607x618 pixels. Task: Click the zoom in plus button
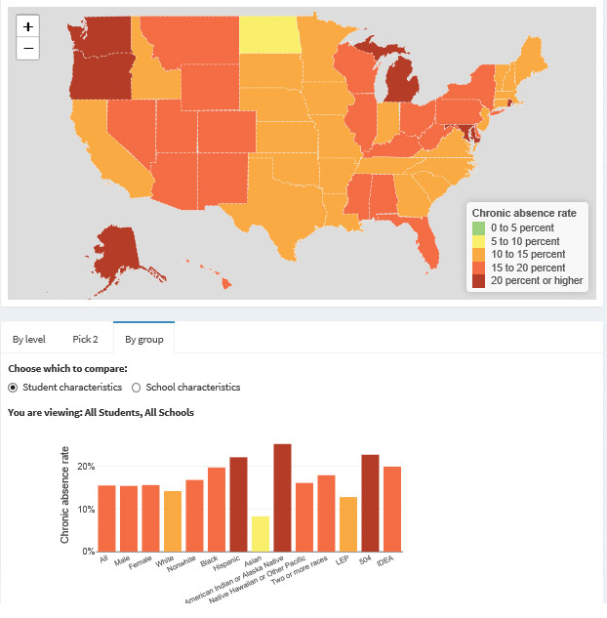point(27,26)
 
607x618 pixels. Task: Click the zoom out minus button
point(27,49)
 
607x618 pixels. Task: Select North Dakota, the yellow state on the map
point(269,35)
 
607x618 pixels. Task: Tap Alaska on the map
point(118,252)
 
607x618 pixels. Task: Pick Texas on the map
point(284,205)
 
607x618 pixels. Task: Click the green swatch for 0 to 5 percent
point(478,227)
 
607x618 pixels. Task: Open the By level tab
point(28,340)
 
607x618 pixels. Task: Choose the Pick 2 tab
point(85,340)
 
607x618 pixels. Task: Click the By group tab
point(143,340)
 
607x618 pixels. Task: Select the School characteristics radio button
point(136,388)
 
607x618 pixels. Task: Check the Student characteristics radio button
point(13,388)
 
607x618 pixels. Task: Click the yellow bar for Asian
point(261,534)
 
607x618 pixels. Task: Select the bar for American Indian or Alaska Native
point(282,498)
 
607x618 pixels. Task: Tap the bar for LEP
point(348,524)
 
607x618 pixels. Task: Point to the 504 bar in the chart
point(370,503)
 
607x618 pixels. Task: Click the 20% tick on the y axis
point(86,467)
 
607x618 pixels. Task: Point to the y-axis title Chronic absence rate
point(64,495)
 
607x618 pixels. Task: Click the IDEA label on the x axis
point(385,560)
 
